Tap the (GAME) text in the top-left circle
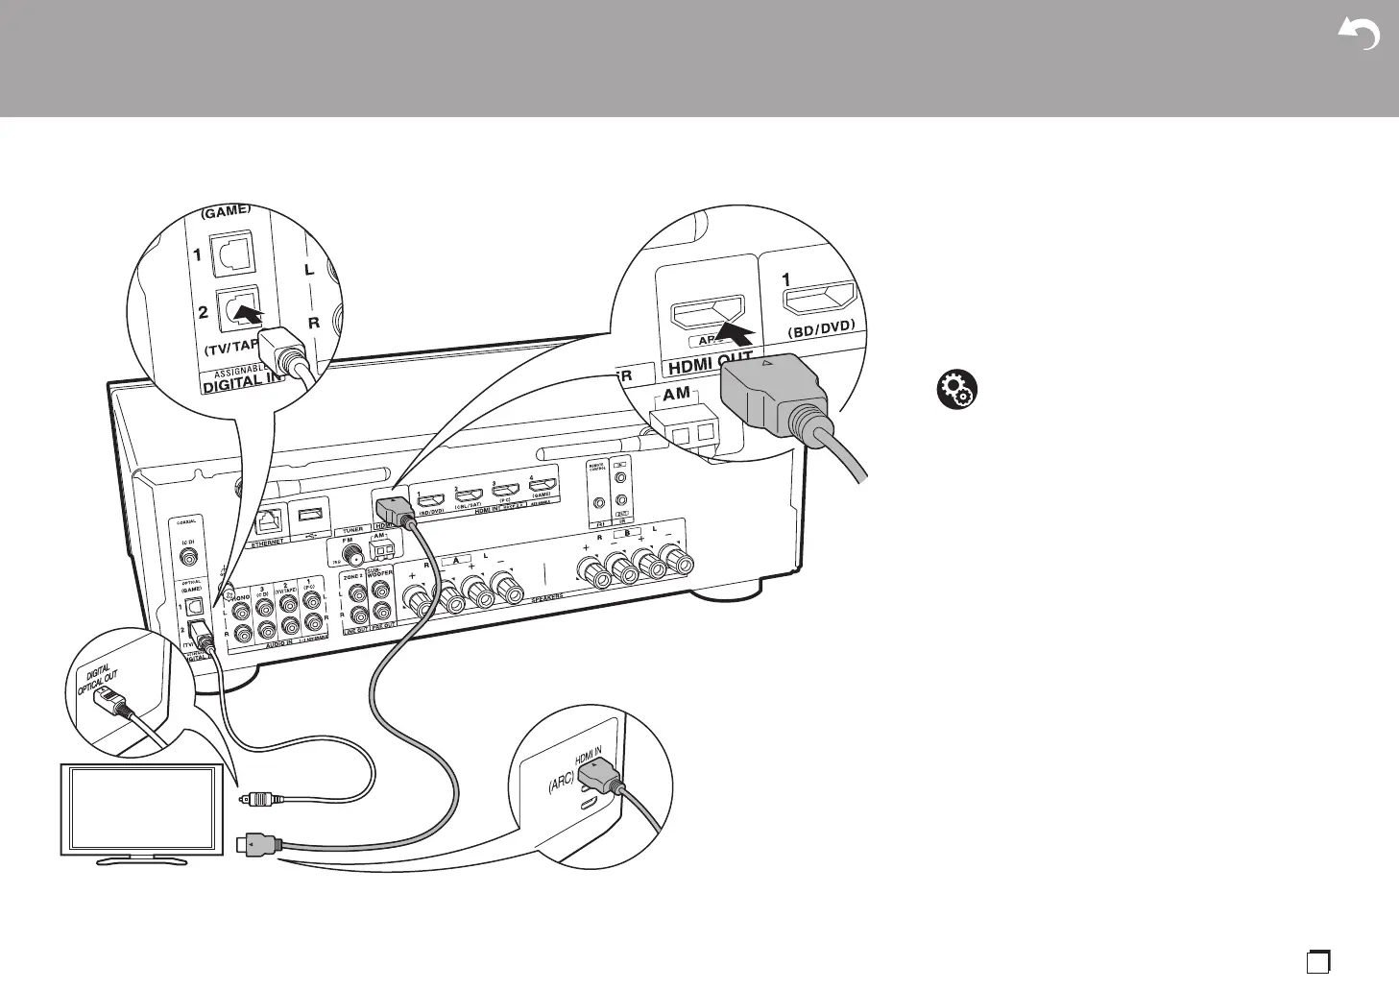point(226,209)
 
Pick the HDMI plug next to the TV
point(257,845)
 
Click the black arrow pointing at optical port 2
point(253,313)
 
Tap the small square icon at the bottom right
point(1317,960)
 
